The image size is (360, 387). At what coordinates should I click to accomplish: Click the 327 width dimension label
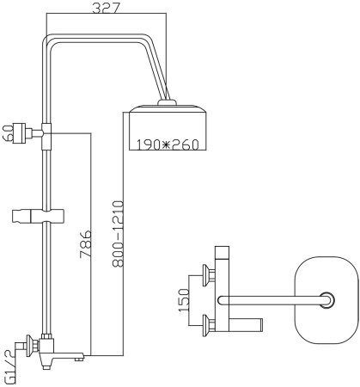(x=106, y=9)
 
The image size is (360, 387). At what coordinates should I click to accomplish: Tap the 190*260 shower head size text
(x=167, y=144)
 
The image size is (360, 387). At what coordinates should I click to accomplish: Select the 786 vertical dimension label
(x=86, y=243)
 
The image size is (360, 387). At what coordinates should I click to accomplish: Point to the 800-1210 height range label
(x=118, y=234)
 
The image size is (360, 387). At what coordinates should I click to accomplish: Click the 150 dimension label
(x=184, y=300)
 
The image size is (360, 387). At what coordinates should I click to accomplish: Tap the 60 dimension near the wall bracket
(x=8, y=133)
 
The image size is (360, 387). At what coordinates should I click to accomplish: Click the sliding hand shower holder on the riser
(x=38, y=216)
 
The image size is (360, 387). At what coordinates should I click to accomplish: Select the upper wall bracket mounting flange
(x=19, y=133)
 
